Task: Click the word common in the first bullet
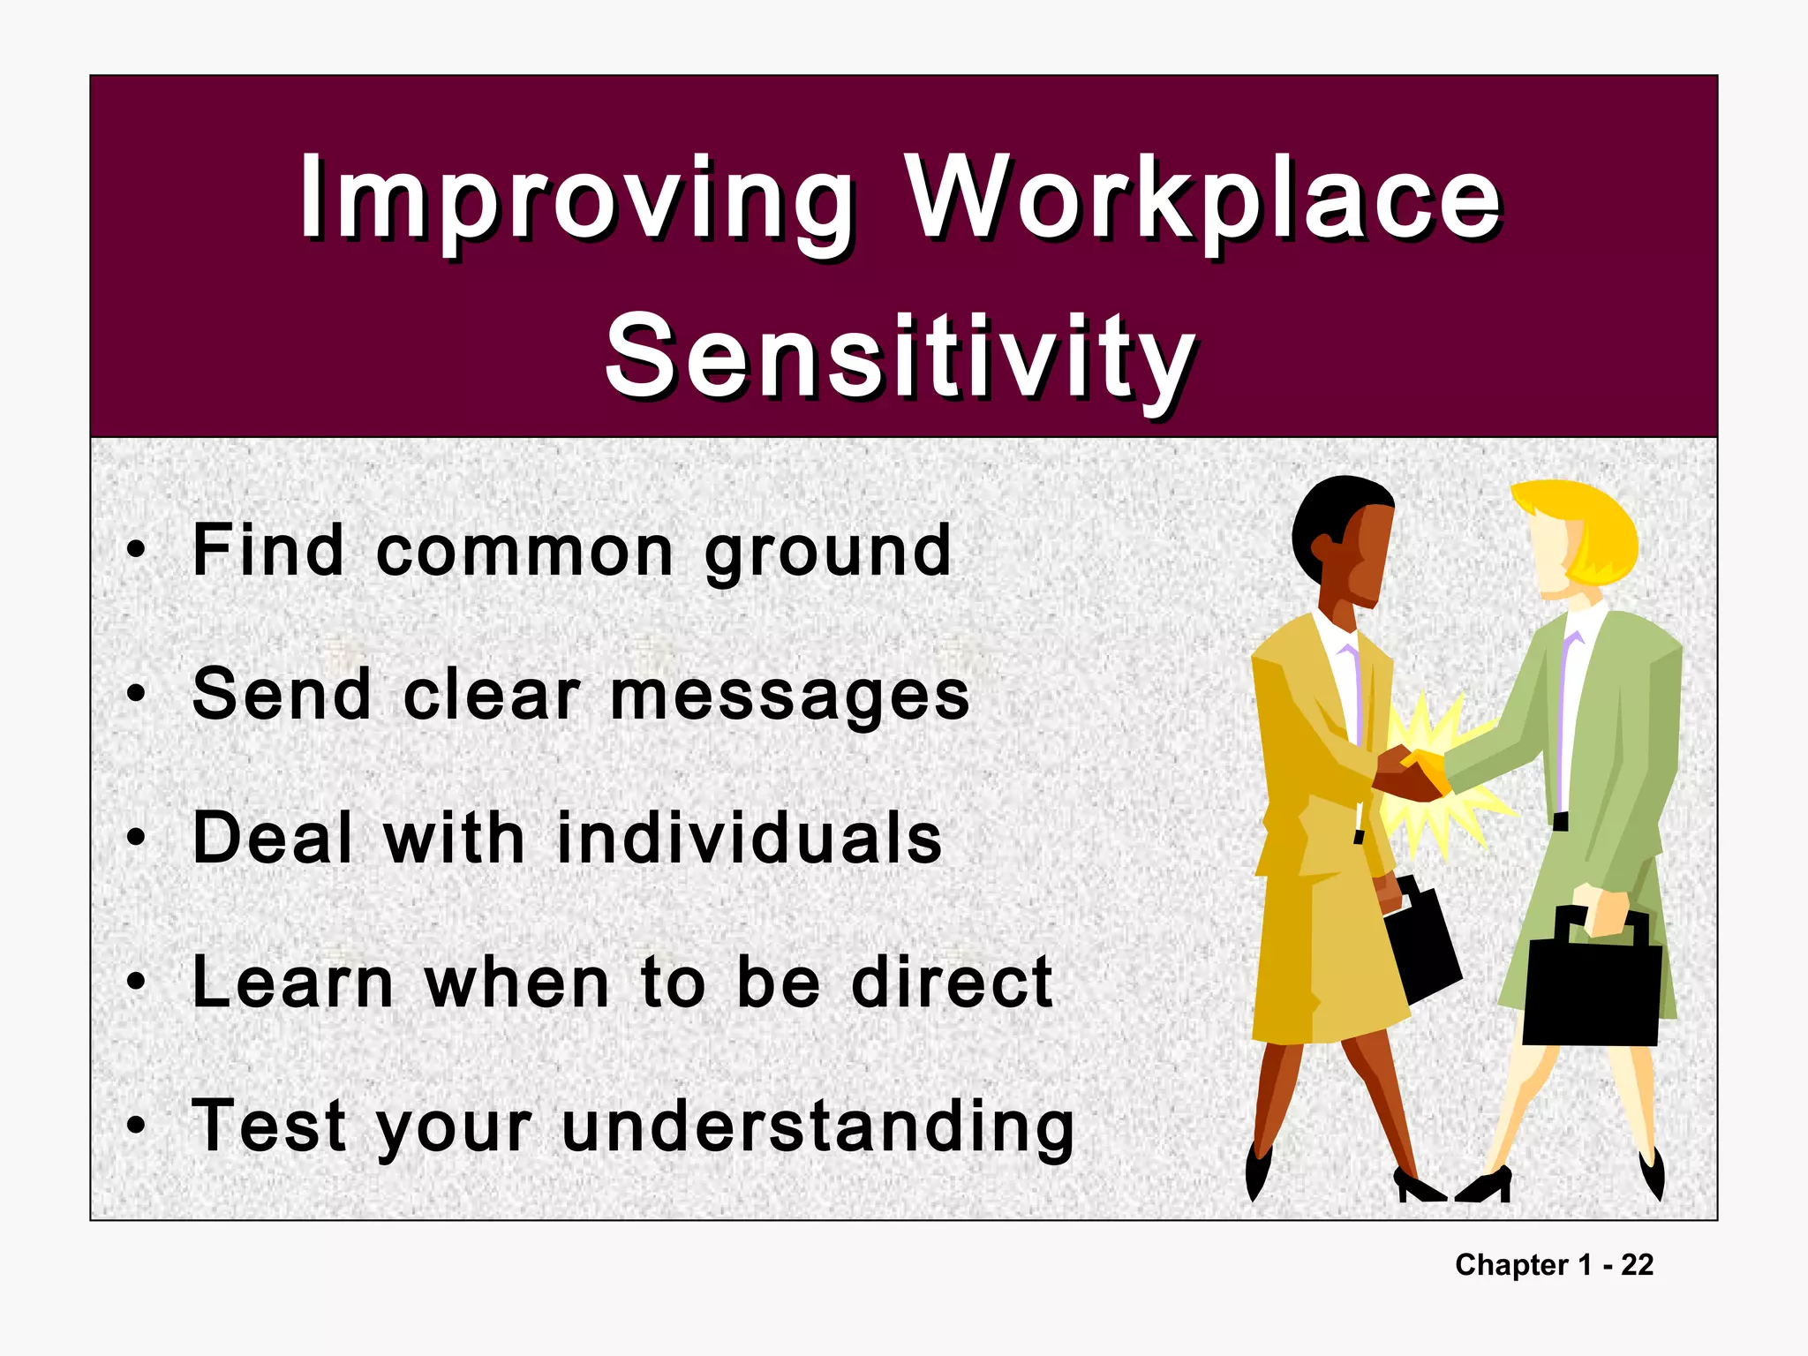tap(525, 553)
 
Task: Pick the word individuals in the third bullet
tap(750, 839)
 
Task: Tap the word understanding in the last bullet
tap(817, 1127)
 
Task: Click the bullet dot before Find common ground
tap(135, 551)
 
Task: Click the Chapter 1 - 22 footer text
tap(1554, 1265)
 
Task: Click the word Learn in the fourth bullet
tap(292, 983)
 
